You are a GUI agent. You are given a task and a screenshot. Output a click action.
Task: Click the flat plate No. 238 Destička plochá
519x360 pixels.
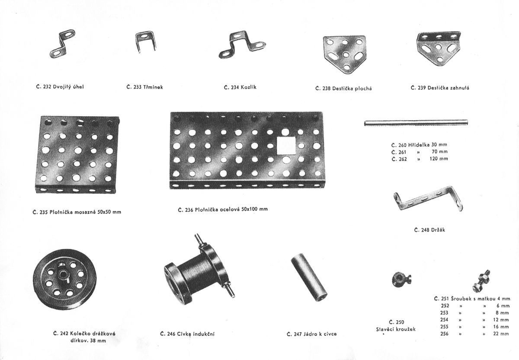coord(344,54)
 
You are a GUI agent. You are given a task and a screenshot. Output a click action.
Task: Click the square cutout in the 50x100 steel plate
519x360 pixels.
coord(286,145)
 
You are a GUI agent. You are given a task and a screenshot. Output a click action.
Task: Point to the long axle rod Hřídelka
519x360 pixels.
coord(416,123)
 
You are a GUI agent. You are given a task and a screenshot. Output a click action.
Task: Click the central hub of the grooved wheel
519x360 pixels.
coord(63,274)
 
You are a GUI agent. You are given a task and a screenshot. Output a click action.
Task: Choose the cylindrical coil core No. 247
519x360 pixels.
coord(309,277)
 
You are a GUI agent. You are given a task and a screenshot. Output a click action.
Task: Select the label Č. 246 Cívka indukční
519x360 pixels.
coord(187,334)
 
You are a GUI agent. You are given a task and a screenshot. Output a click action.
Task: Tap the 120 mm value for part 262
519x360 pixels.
coord(439,159)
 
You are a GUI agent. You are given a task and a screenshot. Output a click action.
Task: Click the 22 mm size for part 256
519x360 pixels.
coord(501,334)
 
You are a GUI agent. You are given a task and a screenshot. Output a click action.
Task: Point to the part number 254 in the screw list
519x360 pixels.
coord(445,320)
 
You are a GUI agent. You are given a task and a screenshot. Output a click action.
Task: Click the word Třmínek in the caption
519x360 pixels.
coord(153,87)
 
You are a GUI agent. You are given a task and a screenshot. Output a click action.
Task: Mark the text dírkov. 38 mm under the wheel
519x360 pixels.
coord(88,341)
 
